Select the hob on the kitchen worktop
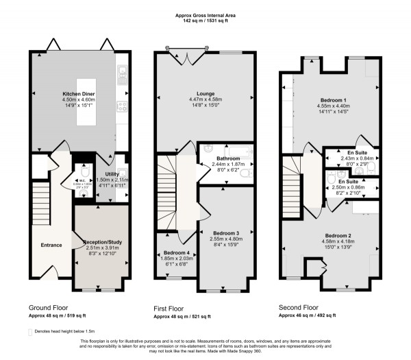click(122, 106)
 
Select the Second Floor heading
click(298, 309)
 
